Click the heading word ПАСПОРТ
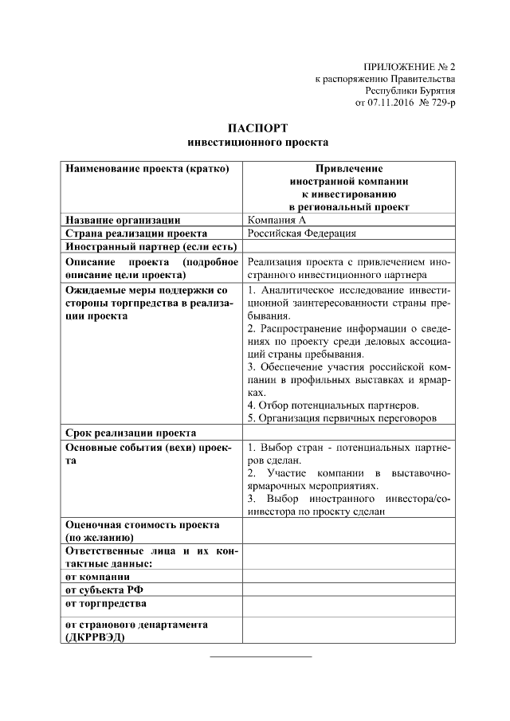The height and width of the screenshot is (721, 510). [257, 128]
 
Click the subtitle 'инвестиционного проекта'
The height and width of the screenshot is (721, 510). [257, 143]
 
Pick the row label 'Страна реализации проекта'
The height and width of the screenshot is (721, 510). [136, 233]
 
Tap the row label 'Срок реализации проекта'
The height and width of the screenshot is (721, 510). [131, 433]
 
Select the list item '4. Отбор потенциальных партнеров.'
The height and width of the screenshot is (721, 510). [332, 405]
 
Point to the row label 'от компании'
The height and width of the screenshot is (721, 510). [97, 576]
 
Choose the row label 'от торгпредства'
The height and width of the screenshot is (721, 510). [105, 603]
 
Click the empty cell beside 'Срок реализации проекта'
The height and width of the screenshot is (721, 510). [349, 433]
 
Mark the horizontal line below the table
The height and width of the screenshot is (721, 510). [260, 656]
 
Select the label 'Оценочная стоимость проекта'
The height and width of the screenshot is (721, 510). [142, 525]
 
